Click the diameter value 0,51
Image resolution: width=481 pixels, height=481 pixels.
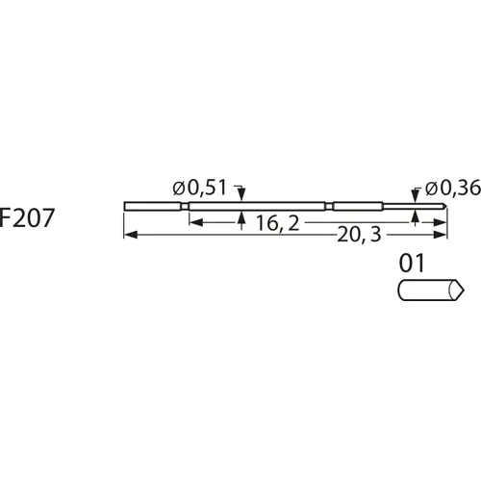click(210, 188)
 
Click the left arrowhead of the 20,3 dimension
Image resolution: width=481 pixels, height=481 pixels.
click(129, 235)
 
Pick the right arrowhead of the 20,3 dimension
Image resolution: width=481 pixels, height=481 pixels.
click(443, 235)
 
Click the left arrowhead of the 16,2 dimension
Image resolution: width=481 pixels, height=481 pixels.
click(192, 221)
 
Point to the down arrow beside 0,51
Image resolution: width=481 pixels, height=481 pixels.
click(240, 196)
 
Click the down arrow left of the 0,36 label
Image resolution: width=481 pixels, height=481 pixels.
click(415, 196)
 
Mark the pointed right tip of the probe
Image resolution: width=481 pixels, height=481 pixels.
click(447, 205)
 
